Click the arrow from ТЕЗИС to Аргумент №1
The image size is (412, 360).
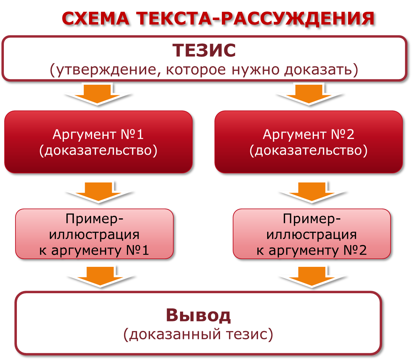click(x=98, y=94)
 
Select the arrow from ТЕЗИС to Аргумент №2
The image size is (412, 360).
click(x=309, y=94)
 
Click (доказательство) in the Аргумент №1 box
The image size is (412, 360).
click(x=98, y=150)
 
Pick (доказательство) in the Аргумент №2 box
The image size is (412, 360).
click(x=309, y=150)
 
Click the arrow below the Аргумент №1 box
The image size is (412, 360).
click(x=98, y=192)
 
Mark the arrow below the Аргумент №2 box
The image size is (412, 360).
click(x=309, y=192)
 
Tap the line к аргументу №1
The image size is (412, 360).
click(x=94, y=250)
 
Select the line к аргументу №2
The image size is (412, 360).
click(x=311, y=250)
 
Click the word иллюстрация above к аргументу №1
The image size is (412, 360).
click(x=94, y=234)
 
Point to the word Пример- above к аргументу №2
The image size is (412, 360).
click(x=311, y=219)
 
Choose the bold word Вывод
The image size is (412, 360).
click(x=199, y=315)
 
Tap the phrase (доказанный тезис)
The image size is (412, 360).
click(x=198, y=335)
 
